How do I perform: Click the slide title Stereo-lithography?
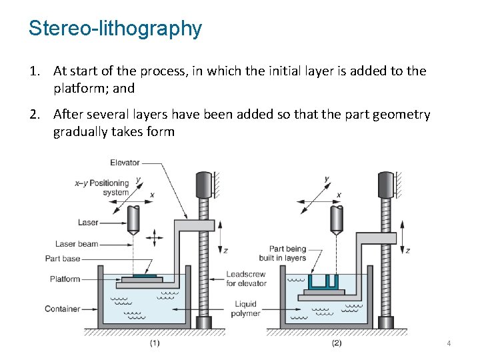115,29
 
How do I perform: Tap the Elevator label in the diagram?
125,163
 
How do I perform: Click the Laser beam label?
77,244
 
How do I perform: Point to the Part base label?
63,259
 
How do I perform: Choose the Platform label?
65,279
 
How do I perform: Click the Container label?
63,309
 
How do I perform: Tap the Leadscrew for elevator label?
246,279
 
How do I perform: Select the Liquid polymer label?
246,309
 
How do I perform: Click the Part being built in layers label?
287,253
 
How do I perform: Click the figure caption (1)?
154,343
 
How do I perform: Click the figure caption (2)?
336,343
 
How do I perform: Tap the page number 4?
449,343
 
